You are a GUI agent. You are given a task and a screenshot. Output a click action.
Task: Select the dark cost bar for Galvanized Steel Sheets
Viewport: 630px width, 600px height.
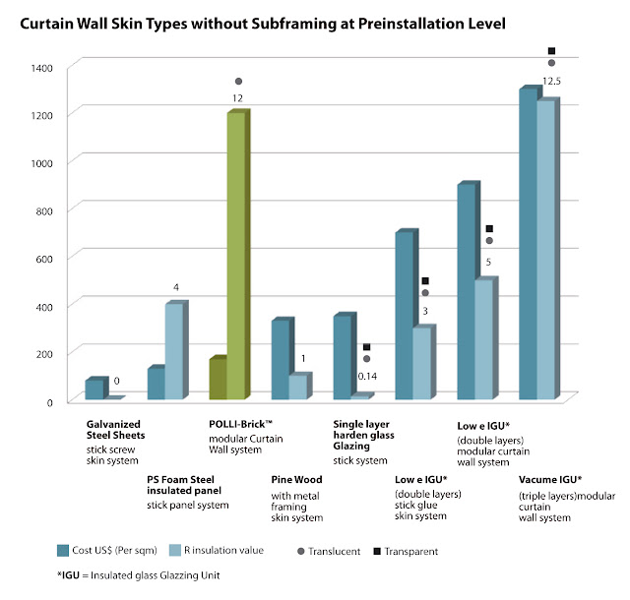click(94, 390)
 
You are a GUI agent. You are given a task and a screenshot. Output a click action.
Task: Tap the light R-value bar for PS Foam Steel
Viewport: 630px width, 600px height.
click(174, 351)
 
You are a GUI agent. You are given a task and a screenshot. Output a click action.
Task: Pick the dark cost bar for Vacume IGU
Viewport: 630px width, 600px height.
click(529, 246)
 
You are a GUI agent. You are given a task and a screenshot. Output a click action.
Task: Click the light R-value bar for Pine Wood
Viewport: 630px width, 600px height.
click(297, 387)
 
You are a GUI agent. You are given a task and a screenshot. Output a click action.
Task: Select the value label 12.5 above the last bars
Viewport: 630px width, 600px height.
click(552, 81)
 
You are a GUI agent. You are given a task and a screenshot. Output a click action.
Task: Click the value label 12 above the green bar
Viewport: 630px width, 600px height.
click(237, 98)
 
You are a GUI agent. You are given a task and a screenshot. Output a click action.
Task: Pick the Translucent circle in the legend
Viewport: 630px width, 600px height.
click(306, 551)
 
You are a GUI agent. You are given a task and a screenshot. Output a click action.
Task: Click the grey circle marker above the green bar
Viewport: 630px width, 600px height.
click(238, 81)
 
